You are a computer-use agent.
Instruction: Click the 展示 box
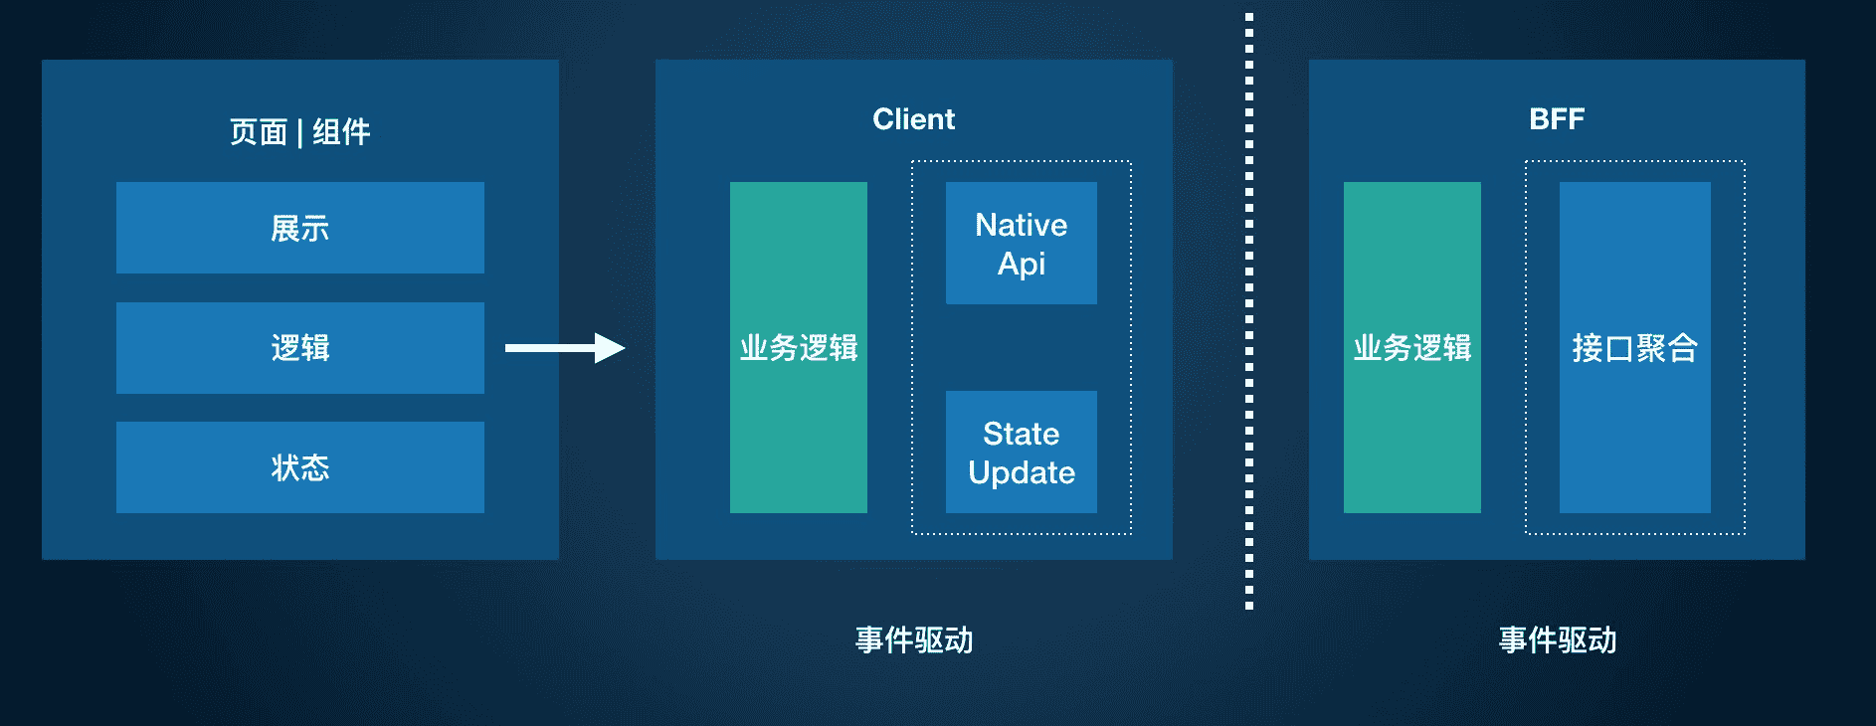click(300, 228)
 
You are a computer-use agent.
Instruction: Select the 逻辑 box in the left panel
click(300, 348)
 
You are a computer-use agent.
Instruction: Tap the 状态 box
click(300, 467)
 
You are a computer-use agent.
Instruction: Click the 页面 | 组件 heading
click(299, 131)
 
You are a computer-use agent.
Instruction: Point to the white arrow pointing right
click(565, 348)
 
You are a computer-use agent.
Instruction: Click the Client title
click(913, 119)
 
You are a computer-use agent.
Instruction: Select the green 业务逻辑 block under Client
click(799, 347)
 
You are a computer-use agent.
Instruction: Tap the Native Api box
click(1022, 243)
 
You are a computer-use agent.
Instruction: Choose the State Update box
click(1022, 452)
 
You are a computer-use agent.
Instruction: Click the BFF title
click(1557, 119)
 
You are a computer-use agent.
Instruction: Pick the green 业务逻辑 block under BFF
click(1412, 347)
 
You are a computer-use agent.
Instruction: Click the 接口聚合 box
click(1635, 347)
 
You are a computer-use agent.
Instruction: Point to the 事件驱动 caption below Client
click(914, 639)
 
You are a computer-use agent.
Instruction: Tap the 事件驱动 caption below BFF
click(1558, 639)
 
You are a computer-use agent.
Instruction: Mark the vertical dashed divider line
click(1249, 310)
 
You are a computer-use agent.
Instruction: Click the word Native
click(1022, 225)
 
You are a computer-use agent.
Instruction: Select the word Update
click(1022, 472)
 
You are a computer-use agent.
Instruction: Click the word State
click(1022, 434)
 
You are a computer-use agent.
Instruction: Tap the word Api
click(1022, 265)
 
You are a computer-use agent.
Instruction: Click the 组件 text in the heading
click(341, 131)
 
